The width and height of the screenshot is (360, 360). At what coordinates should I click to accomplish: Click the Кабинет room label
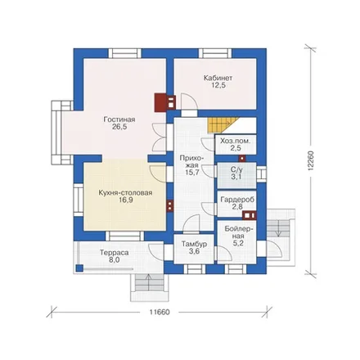click(218, 79)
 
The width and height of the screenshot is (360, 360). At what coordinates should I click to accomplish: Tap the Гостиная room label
click(119, 119)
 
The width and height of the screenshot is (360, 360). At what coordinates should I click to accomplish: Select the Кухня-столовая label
click(125, 193)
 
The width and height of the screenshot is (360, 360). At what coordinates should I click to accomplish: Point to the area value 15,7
click(192, 172)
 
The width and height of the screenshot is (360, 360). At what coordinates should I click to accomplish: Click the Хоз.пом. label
click(236, 141)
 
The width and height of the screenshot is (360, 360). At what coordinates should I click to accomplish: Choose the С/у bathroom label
click(236, 169)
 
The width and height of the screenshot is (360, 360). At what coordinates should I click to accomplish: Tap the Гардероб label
click(237, 200)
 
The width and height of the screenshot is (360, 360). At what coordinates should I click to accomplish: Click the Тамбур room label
click(194, 244)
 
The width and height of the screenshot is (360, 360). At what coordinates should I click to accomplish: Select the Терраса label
click(114, 253)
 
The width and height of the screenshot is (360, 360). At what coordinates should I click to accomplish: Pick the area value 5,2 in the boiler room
click(238, 243)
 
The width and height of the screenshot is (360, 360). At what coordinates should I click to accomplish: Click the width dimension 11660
click(160, 312)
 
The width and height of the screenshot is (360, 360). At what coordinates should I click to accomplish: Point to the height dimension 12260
click(311, 161)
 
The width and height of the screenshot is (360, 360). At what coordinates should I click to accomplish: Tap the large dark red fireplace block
click(160, 102)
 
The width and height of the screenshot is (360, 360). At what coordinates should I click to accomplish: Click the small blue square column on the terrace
click(79, 268)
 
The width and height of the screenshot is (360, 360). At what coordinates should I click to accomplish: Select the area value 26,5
click(119, 127)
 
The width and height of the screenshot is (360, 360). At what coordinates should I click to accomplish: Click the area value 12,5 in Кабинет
click(218, 86)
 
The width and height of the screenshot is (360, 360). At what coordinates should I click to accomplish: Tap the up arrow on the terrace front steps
click(148, 282)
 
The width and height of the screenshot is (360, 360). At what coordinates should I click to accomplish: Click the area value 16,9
click(126, 200)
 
